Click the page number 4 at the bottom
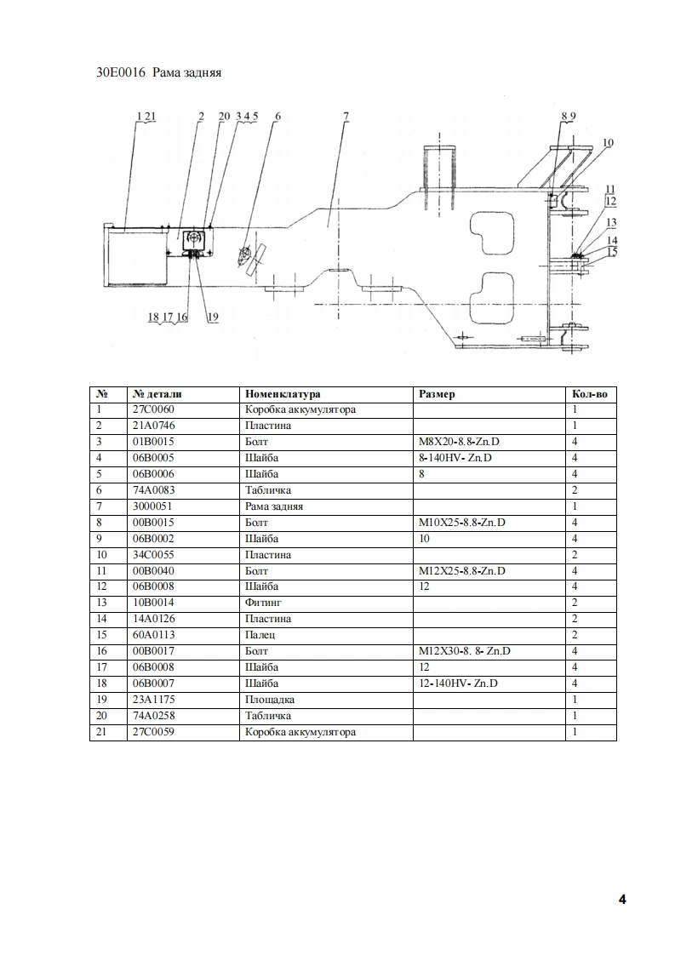pyautogui.click(x=622, y=900)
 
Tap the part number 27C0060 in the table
pyautogui.click(x=153, y=409)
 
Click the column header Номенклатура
pyautogui.click(x=283, y=394)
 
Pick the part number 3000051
pyautogui.click(x=153, y=506)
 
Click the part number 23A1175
pyautogui.click(x=153, y=700)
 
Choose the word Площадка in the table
pyautogui.click(x=269, y=700)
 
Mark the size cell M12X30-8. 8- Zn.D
pyautogui.click(x=465, y=651)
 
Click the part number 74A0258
pyautogui.click(x=153, y=716)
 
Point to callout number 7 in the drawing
pyautogui.click(x=346, y=116)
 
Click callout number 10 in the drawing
pyautogui.click(x=608, y=143)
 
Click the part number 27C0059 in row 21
pyautogui.click(x=153, y=732)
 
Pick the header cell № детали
pyautogui.click(x=157, y=394)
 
